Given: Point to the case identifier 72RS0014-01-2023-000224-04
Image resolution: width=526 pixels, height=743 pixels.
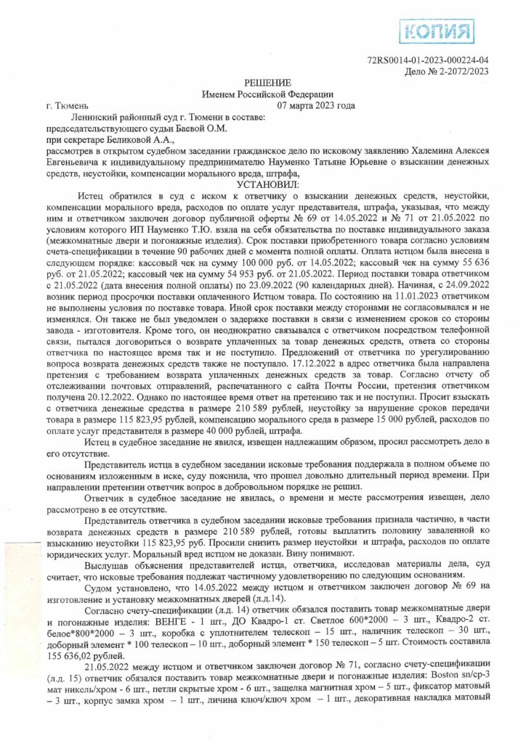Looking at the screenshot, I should [x=428, y=61].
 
